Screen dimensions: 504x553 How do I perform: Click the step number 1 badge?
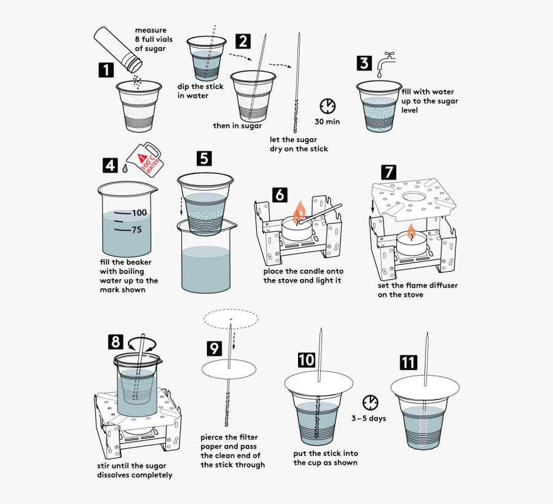(106, 69)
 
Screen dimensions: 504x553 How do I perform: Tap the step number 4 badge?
(110, 165)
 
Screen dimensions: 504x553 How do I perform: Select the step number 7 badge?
(388, 171)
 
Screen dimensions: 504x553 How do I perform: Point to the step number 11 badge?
(408, 362)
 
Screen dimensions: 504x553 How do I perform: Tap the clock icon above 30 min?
(328, 105)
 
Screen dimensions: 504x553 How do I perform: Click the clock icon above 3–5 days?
(370, 403)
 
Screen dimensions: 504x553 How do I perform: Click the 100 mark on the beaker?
(139, 213)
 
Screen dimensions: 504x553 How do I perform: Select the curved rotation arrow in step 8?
(143, 343)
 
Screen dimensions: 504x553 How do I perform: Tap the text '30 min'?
(327, 122)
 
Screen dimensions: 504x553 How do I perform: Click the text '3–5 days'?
(369, 419)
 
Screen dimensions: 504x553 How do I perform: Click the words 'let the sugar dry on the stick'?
(299, 144)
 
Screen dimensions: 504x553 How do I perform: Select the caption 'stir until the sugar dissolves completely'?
(135, 470)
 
